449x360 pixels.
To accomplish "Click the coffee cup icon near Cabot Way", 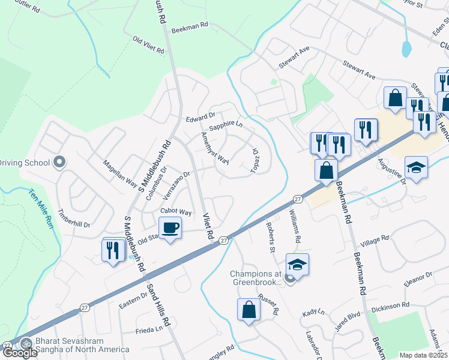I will click(170, 228).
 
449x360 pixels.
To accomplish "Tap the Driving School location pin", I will click(59, 163).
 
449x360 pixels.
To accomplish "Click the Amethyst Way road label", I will click(215, 149).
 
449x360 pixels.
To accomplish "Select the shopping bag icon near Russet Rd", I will click(249, 310).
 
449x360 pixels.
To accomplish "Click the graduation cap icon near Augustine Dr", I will click(416, 167).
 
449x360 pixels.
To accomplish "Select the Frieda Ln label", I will click(149, 329).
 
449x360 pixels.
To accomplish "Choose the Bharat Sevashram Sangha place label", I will click(82, 346).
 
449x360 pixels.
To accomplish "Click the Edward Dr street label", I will click(200, 116).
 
